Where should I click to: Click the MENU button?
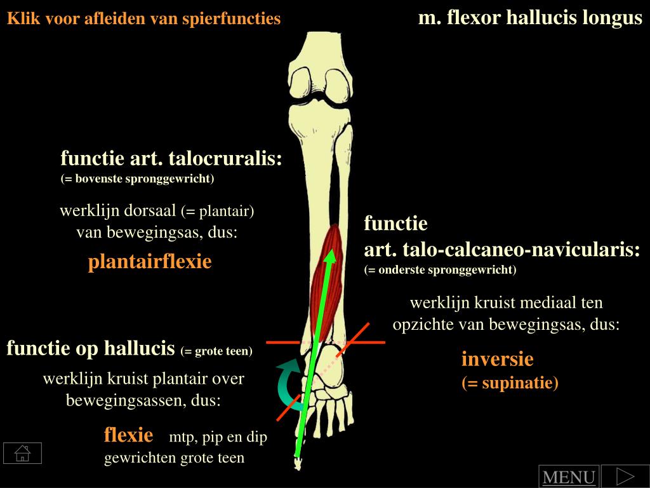click(x=568, y=477)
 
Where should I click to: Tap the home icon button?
click(x=22, y=453)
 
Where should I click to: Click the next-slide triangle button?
click(x=625, y=476)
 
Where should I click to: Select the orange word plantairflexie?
click(x=150, y=261)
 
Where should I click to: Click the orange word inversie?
click(x=497, y=360)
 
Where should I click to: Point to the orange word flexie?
click(x=129, y=435)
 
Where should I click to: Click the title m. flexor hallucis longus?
click(x=530, y=18)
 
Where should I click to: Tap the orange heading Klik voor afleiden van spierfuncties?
click(x=143, y=18)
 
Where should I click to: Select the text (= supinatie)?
click(x=510, y=383)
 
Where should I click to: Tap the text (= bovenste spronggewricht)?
click(x=138, y=179)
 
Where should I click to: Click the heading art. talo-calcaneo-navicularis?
click(x=501, y=250)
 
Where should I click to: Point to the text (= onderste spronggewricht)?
click(x=441, y=270)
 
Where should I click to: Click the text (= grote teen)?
click(x=216, y=351)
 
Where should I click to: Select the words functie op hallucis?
click(x=91, y=348)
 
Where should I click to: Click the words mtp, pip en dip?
click(x=218, y=438)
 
